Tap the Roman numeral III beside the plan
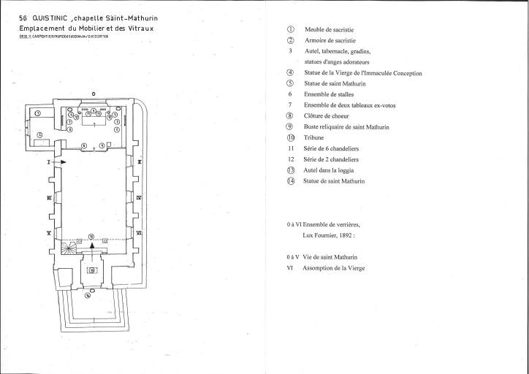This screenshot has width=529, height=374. click(48, 197)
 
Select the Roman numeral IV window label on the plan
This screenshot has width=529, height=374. click(139, 197)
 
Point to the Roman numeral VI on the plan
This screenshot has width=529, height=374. click(139, 232)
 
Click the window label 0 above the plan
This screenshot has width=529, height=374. click(93, 93)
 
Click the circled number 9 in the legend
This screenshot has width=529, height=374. click(290, 126)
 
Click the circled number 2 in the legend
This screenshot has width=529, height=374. click(290, 41)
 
